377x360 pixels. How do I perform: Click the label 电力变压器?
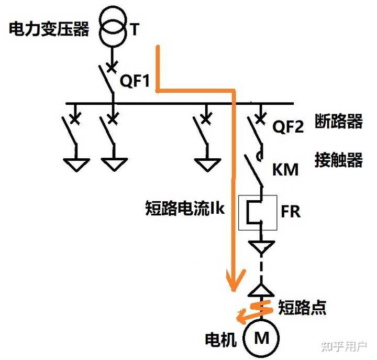(x=49, y=29)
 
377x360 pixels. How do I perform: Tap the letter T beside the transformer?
(x=135, y=29)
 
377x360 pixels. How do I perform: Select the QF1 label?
(x=135, y=81)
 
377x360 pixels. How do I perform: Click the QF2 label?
(x=288, y=127)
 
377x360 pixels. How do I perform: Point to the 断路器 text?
(x=339, y=122)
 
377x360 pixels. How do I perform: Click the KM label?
(x=285, y=170)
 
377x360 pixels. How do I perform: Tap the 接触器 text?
(x=339, y=159)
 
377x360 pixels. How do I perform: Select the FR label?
(x=291, y=212)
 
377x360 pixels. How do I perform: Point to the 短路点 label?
(x=302, y=307)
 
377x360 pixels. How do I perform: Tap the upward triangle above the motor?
(x=261, y=289)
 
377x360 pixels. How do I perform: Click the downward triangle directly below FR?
(x=260, y=245)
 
